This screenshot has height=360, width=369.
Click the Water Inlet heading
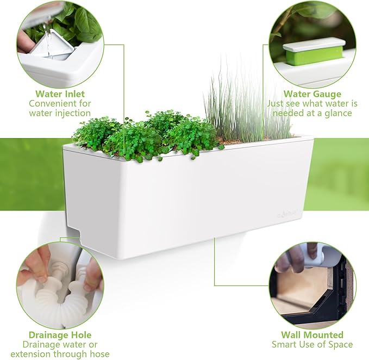[x=60, y=93]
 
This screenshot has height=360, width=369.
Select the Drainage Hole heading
[x=59, y=334]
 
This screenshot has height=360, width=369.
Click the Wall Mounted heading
[x=312, y=334]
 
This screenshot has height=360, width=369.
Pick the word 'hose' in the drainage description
[x=99, y=354]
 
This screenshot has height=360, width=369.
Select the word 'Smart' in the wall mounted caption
[x=284, y=344]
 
